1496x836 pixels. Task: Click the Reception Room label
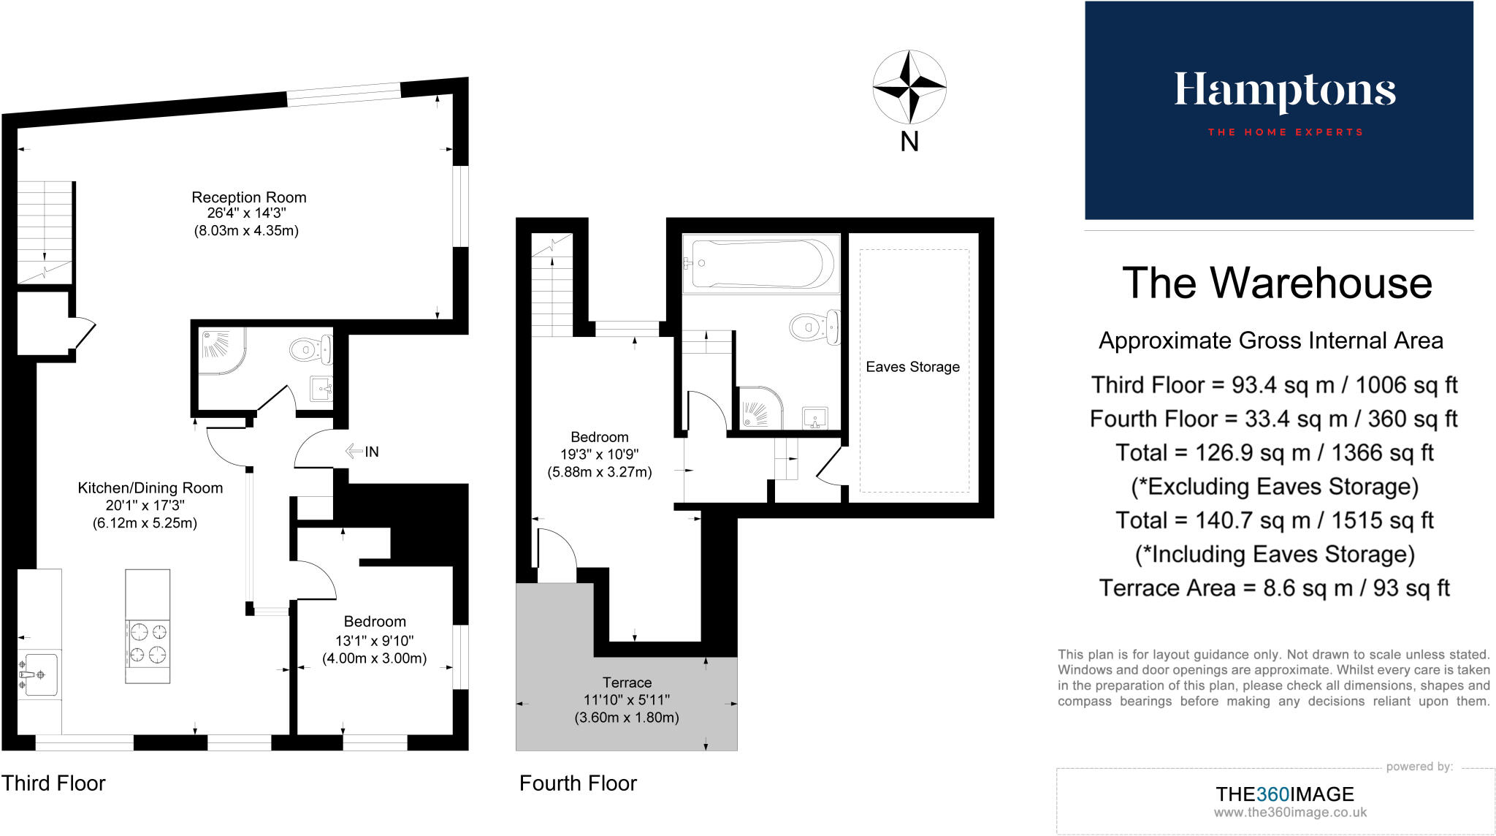coord(248,197)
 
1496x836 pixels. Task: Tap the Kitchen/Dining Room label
coord(150,488)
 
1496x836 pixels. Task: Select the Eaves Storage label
coord(912,367)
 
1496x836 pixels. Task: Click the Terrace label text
coord(627,683)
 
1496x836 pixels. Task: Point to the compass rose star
coord(909,87)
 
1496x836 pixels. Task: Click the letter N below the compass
coord(909,142)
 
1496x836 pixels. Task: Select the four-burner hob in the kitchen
coord(148,642)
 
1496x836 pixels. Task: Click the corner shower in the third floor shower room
coord(218,350)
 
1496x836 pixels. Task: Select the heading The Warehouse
coord(1277,284)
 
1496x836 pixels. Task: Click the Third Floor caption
coord(53,783)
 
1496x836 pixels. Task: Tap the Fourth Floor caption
coord(578,783)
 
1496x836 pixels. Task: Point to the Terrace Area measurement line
coord(1274,588)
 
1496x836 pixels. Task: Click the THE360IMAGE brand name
coord(1284,794)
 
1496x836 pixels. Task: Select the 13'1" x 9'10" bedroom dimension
coord(374,641)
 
